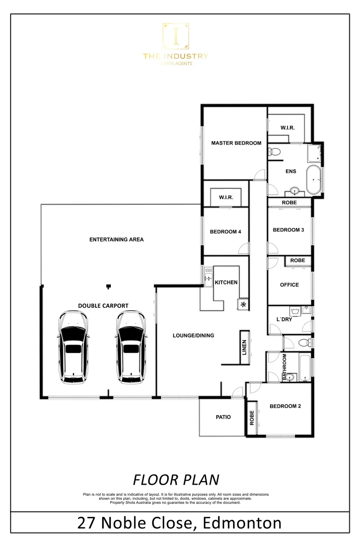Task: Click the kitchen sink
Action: click(x=208, y=277)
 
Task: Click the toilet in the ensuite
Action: click(x=275, y=152)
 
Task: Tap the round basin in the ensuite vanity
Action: click(x=296, y=191)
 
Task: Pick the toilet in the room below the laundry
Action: click(x=304, y=343)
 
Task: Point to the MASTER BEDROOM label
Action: click(x=236, y=143)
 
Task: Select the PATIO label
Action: click(x=223, y=417)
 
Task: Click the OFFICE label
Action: click(x=290, y=285)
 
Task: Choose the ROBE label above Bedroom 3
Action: click(x=290, y=202)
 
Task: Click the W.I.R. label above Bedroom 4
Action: click(x=226, y=197)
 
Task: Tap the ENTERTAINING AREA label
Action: click(x=116, y=239)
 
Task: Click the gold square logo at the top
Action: click(x=176, y=36)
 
